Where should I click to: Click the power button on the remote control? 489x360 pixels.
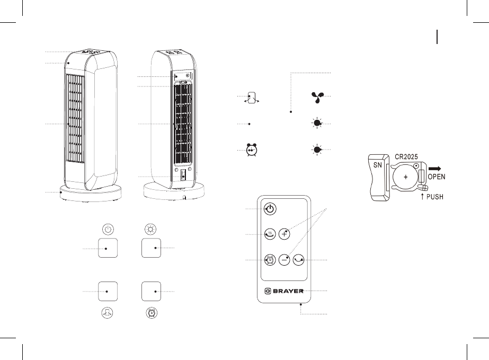coord(270,209)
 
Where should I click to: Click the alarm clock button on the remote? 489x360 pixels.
coord(270,260)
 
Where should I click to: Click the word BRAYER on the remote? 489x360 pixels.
coord(287,291)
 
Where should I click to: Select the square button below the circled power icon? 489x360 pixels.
coord(108,248)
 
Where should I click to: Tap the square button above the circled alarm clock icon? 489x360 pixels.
coord(152,291)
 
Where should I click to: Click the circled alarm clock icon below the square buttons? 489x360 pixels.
coord(152,313)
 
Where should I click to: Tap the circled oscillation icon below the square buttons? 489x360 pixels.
coord(108,313)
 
